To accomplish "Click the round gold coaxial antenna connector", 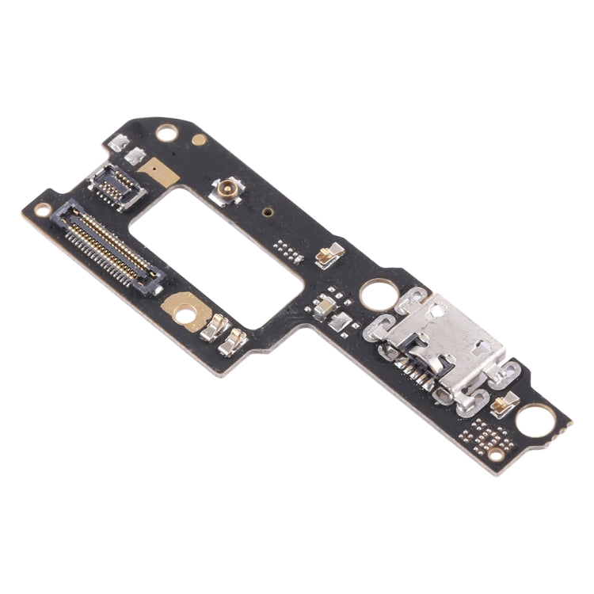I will coord(226,189).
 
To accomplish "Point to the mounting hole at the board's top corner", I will coord(166,133).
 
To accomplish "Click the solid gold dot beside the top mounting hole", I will coord(200,139).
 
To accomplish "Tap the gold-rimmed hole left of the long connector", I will coord(42,209).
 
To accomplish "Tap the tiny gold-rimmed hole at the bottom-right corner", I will coord(495,455).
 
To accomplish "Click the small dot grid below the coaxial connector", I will coord(287,250).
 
